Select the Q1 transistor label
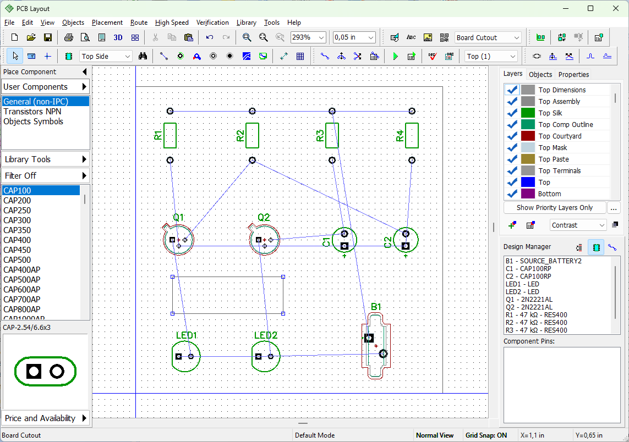click(178, 218)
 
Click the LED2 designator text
click(266, 335)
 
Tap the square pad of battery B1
click(369, 338)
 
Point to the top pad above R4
click(412, 111)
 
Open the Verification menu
click(212, 23)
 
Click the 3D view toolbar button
click(118, 38)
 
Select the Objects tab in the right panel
click(540, 75)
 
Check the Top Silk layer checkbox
click(511, 113)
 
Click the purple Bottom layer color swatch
click(528, 194)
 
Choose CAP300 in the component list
click(17, 220)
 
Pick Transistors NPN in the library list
click(32, 112)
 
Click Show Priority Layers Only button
click(554, 208)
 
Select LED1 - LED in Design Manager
click(522, 284)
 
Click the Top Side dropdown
click(106, 57)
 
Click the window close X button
click(616, 8)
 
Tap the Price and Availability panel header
click(45, 418)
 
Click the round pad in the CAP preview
click(57, 372)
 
